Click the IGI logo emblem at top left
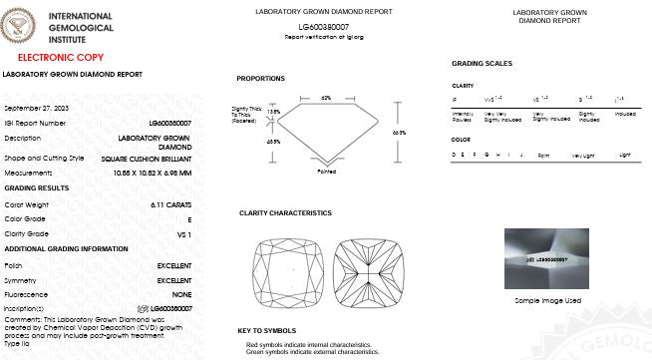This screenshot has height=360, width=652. [20, 25]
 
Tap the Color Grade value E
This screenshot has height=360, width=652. [189, 217]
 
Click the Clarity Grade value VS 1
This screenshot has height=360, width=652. [184, 232]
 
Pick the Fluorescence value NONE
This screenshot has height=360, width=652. [181, 294]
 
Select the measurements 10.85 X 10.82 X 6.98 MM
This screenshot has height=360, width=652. [153, 173]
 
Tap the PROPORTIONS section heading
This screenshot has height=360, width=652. [260, 78]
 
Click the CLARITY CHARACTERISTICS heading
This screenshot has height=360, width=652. [285, 212]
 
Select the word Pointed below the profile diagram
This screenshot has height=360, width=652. [326, 172]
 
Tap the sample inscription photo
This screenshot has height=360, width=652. [546, 259]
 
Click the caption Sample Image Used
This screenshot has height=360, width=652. [547, 299]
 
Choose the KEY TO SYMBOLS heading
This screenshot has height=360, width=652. [266, 330]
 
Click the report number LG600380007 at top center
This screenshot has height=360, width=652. [325, 27]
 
